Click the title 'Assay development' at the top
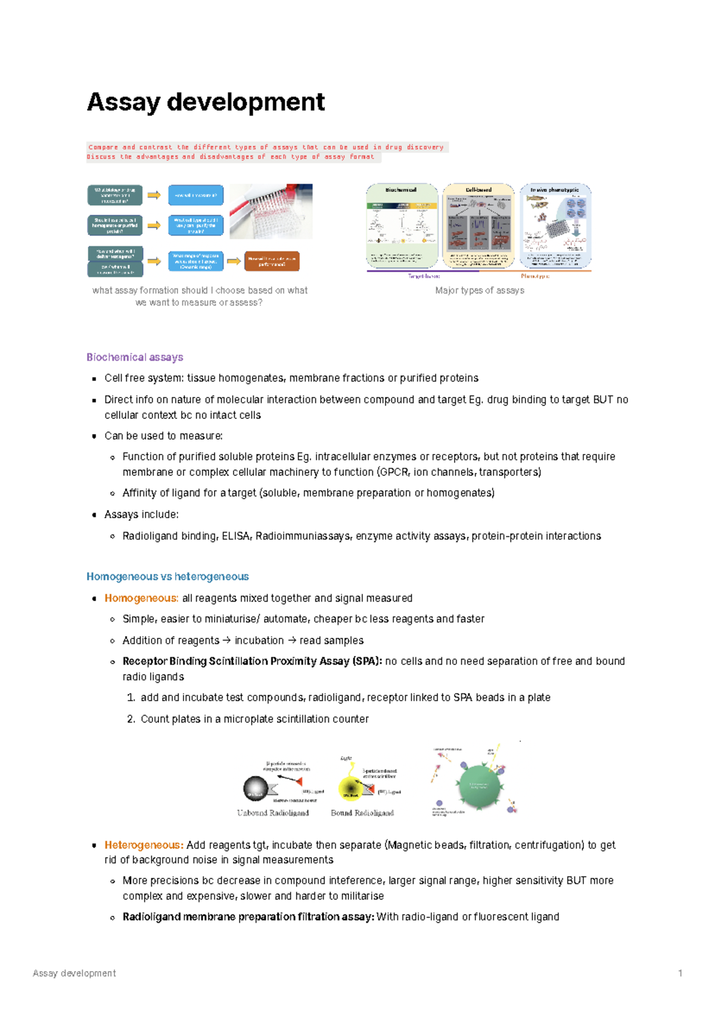point(206,102)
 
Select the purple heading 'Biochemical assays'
point(135,357)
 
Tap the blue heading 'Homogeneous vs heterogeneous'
point(167,577)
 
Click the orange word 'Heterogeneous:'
point(144,845)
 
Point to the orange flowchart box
point(272,261)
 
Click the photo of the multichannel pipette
point(271,211)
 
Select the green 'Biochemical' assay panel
point(402,226)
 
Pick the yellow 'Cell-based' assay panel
point(478,226)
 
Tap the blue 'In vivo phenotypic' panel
point(555,226)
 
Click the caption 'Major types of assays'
point(480,290)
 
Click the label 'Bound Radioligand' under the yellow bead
point(362,813)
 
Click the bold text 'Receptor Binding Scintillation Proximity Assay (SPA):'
point(252,661)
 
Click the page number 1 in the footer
point(680,973)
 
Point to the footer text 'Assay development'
point(74,973)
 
